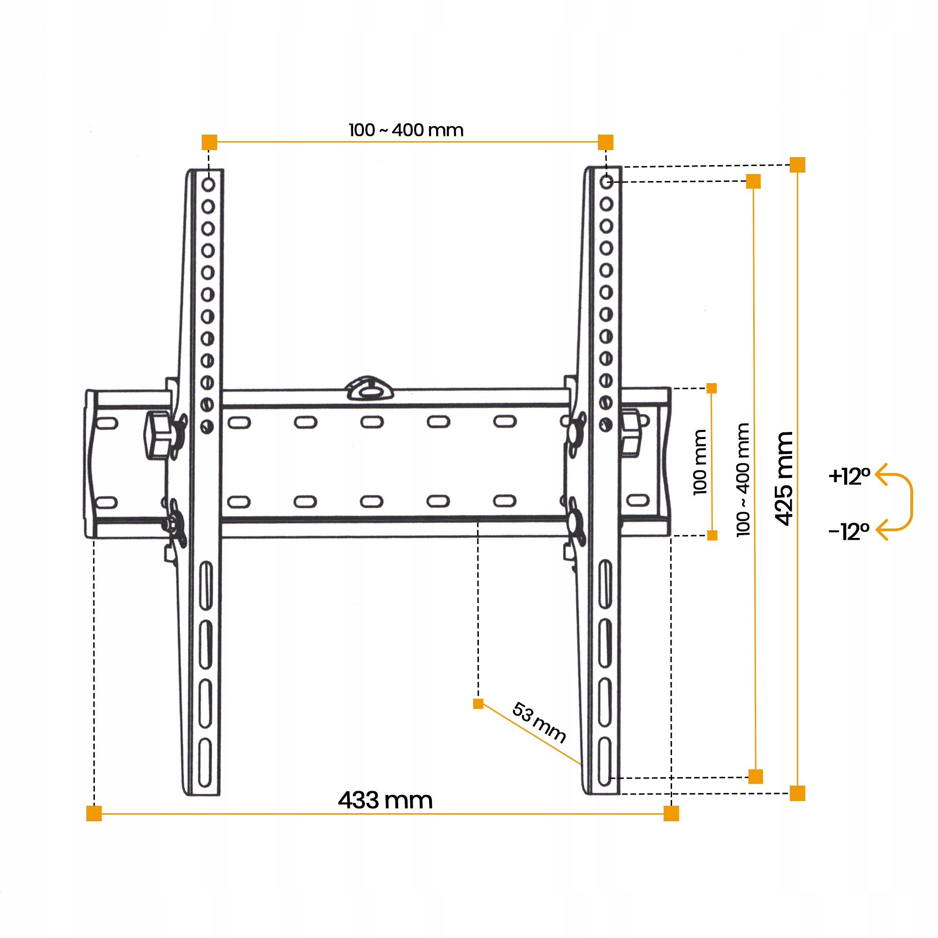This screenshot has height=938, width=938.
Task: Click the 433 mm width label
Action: [x=385, y=800]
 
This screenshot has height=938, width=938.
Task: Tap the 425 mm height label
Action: [x=784, y=478]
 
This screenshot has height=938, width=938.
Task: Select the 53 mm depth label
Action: [x=539, y=723]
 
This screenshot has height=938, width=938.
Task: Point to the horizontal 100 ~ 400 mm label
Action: [x=406, y=130]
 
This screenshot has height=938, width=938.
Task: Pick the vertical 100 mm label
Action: [x=700, y=462]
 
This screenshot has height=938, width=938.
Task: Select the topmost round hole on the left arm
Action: [x=208, y=184]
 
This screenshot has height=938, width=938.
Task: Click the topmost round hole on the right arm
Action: [x=606, y=182]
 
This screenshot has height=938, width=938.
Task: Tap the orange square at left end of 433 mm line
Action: [x=94, y=813]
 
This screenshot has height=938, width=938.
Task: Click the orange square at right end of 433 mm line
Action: [x=671, y=813]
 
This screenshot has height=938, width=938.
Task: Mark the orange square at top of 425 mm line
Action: [x=797, y=165]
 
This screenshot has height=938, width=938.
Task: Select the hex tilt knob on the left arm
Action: [x=158, y=435]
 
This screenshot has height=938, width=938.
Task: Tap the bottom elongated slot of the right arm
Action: [x=605, y=761]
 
